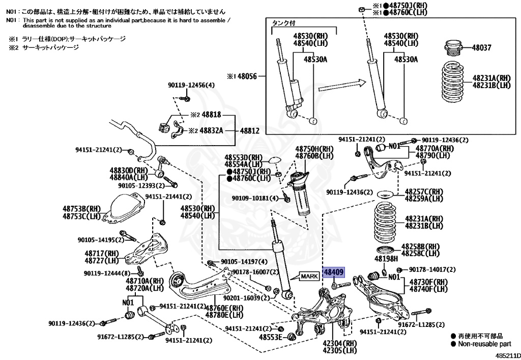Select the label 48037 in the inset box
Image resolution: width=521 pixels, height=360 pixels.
tap(481, 47)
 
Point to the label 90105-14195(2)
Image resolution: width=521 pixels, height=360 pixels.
tap(98, 239)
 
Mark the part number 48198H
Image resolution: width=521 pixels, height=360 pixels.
tap(386, 259)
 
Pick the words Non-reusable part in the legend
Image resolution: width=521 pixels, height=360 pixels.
tap(484, 344)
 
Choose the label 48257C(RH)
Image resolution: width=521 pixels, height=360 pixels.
tap(424, 192)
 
